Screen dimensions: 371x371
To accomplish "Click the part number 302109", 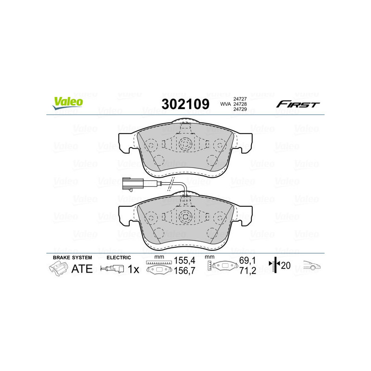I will pos(185,104).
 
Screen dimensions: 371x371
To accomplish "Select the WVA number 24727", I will pos(239,99).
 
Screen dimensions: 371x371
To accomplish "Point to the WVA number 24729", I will pos(239,109).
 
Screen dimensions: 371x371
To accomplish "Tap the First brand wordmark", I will pos(298,104).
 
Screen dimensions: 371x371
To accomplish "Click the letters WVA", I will pos(225,104).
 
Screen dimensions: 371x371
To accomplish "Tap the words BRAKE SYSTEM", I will pos(72,257).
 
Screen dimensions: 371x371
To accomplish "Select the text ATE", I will pos(82,269).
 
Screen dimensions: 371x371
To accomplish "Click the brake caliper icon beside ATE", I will pos(58,269).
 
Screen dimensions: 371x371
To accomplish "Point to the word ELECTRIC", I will pos(119,257).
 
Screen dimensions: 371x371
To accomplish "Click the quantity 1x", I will pos(134,269).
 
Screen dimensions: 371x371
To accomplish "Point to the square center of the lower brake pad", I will pos(185,216).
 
